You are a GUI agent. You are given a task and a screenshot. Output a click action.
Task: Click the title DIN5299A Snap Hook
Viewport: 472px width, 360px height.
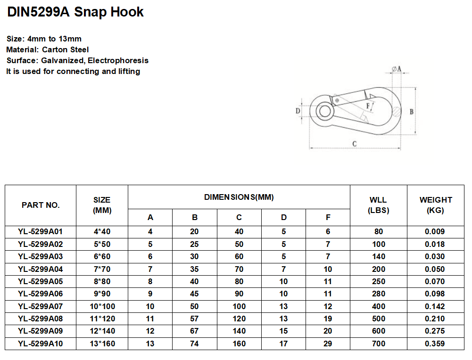pyautogui.click(x=75, y=12)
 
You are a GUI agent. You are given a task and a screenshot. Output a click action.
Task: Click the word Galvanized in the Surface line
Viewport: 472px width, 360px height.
pyautogui.click(x=62, y=61)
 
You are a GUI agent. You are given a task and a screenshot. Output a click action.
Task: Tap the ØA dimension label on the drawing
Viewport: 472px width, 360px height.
pyautogui.click(x=397, y=69)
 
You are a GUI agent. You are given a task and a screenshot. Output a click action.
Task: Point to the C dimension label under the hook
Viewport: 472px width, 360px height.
pyautogui.click(x=354, y=144)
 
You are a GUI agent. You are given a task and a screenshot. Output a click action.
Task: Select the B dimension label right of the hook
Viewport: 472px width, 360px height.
pyautogui.click(x=411, y=112)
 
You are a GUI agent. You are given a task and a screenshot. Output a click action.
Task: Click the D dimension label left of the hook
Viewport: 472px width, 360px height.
pyautogui.click(x=298, y=111)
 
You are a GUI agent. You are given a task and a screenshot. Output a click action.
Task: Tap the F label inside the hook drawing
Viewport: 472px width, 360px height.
pyautogui.click(x=367, y=106)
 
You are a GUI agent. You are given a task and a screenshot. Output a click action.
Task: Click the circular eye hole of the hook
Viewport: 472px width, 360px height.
pyautogui.click(x=324, y=112)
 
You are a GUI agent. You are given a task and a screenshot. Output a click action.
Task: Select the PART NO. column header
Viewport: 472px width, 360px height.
pyautogui.click(x=41, y=205)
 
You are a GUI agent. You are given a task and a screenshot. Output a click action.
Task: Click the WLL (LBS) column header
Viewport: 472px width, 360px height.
pyautogui.click(x=378, y=205)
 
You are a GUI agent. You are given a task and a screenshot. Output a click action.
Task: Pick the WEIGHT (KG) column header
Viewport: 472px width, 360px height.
pyautogui.click(x=435, y=205)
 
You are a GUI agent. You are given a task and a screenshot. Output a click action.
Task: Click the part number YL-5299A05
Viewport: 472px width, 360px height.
pyautogui.click(x=41, y=282)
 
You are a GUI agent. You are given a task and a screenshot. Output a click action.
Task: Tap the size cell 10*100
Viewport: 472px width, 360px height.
pyautogui.click(x=102, y=307)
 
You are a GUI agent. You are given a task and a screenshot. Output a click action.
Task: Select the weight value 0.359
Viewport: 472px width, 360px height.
pyautogui.click(x=435, y=344)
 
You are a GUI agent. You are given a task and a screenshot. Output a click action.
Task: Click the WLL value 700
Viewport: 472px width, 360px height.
pyautogui.click(x=378, y=344)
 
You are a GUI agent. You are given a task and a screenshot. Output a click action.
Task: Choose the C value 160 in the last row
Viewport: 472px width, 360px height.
pyautogui.click(x=239, y=344)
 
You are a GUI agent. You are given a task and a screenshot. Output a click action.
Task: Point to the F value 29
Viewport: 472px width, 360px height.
pyautogui.click(x=328, y=344)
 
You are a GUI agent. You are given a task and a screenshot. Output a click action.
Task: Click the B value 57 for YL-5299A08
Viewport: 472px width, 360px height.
pyautogui.click(x=195, y=319)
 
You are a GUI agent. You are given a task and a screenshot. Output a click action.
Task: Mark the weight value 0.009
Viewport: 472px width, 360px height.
pyautogui.click(x=435, y=232)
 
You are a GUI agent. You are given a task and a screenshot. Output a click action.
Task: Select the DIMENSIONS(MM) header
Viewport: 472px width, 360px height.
pyautogui.click(x=239, y=197)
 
